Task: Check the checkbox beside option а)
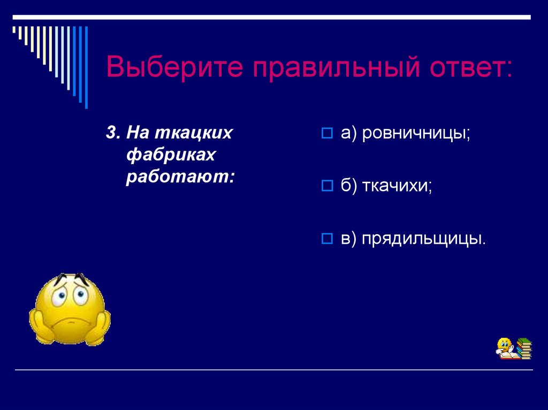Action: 327,133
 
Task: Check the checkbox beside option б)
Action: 327,185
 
